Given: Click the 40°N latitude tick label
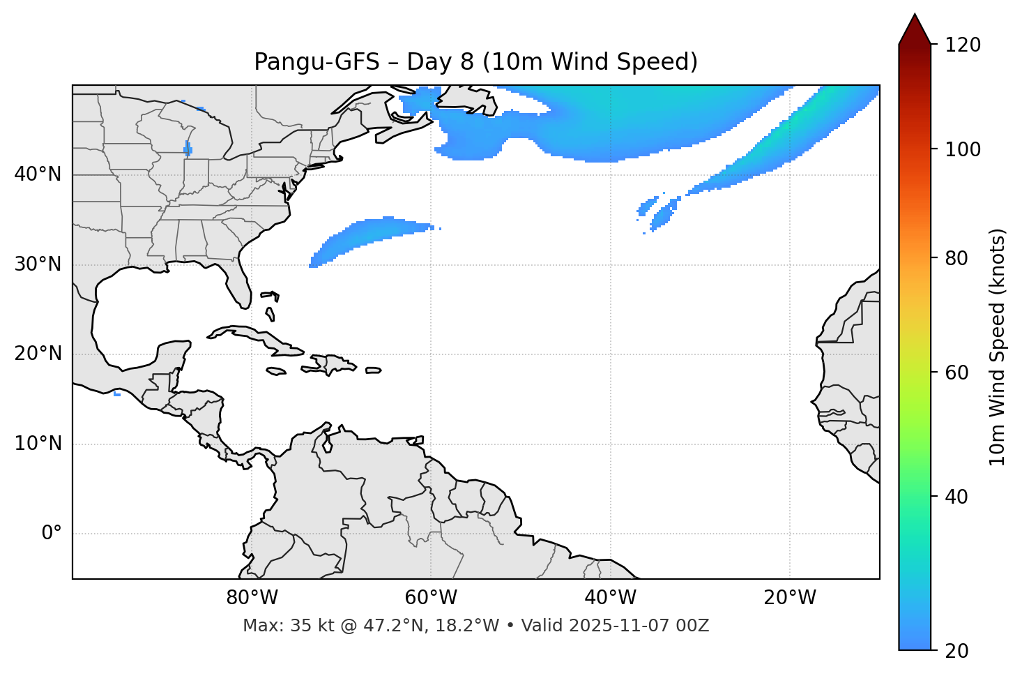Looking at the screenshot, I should (38, 174).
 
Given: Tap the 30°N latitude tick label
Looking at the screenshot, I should (38, 264).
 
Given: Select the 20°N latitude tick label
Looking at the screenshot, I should (38, 354).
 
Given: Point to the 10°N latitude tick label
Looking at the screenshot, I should (38, 444).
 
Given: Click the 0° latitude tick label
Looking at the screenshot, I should (51, 534).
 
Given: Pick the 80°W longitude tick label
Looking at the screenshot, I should (252, 598).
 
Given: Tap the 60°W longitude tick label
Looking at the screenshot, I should (431, 598).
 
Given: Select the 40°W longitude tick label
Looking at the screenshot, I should (611, 598).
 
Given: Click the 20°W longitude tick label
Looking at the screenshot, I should (790, 598).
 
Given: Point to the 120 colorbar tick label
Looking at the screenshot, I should (963, 45).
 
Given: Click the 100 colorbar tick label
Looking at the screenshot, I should (963, 149).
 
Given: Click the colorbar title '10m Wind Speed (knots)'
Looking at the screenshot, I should (998, 347).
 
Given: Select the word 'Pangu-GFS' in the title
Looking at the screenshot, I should (316, 62).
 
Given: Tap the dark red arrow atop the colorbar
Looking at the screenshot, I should (915, 30).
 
